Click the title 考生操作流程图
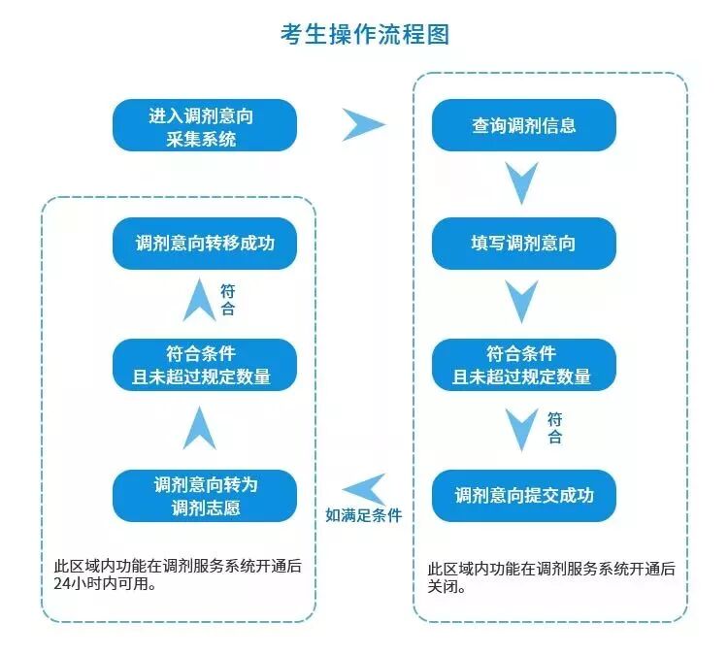pos(364,35)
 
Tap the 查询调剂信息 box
pos(523,126)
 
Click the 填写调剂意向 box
pos(523,244)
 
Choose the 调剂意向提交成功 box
pos(523,495)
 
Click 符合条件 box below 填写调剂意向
pos(523,365)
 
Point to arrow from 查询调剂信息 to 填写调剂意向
pos(522,182)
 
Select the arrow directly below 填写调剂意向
pos(522,302)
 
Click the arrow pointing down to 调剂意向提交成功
pos(524,428)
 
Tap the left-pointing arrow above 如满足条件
pos(365,489)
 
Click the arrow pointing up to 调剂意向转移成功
pos(201,300)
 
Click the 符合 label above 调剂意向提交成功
pos(554,428)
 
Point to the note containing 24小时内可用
pos(178,575)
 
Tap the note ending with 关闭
pos(551,576)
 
